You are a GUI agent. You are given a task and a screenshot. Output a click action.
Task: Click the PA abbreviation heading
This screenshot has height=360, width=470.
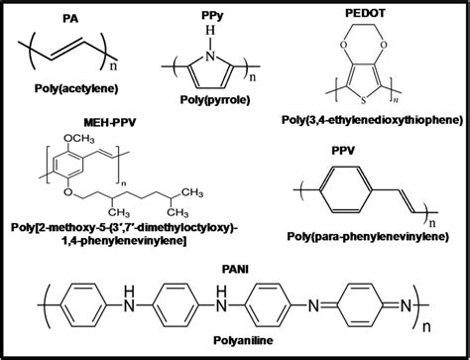pyautogui.click(x=70, y=18)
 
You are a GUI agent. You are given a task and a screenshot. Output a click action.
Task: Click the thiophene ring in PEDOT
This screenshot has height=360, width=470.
pyautogui.click(x=374, y=82)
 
